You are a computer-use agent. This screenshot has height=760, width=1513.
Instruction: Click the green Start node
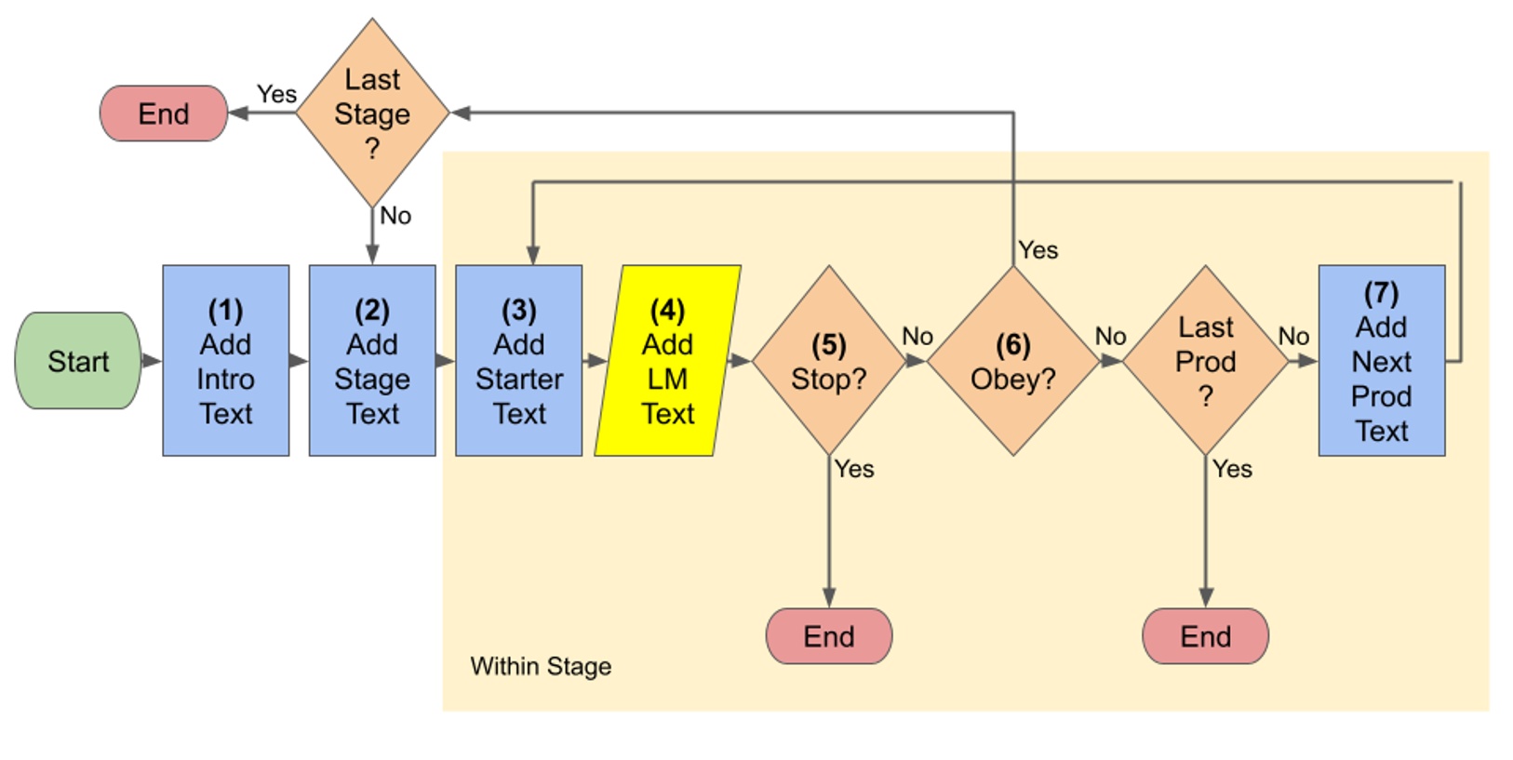pos(78,361)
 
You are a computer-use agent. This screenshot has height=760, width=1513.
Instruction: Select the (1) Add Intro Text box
pos(225,361)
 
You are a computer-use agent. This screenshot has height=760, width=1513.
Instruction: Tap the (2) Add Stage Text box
pos(372,361)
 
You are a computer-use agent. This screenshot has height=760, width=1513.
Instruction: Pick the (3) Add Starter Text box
pos(519,361)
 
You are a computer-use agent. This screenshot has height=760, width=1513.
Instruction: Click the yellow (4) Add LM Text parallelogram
pos(667,361)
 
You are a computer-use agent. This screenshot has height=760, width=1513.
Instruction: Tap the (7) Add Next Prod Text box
pos(1382,361)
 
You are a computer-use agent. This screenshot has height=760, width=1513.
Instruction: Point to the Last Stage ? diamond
pos(372,113)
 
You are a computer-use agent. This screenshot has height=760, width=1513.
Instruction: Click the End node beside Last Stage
pos(164,113)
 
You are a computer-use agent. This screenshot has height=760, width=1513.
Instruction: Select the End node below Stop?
pos(828,636)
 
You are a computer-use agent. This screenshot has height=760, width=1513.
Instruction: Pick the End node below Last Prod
pos(1205,636)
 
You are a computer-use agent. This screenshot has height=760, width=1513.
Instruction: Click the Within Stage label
pos(541,666)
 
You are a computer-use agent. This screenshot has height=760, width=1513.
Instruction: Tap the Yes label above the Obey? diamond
pos(1038,250)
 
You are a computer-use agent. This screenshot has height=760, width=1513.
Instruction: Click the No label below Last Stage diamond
pos(395,216)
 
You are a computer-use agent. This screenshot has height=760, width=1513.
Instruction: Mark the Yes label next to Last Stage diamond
pos(276,94)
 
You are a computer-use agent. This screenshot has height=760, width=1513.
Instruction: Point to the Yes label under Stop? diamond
pos(854,469)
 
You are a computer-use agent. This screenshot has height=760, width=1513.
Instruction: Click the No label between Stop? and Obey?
pos(917,336)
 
